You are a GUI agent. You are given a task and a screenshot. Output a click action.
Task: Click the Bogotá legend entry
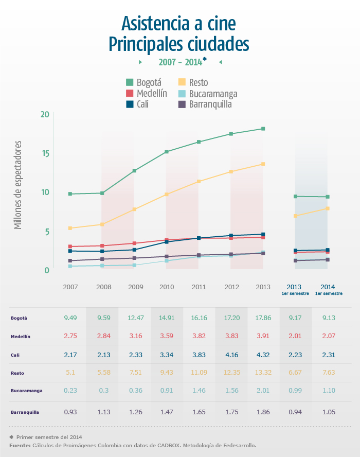tap(143, 82)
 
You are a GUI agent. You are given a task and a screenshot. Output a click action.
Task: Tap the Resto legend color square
tap(182, 82)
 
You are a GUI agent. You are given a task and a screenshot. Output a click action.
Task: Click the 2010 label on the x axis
tap(167, 287)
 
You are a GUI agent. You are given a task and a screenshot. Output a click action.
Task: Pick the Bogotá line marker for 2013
tap(263, 129)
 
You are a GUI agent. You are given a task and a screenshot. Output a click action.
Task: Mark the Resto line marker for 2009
tap(134, 209)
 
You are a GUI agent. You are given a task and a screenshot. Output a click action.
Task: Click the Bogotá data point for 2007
tap(70, 194)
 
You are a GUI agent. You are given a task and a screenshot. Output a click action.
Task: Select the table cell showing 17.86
tap(263, 318)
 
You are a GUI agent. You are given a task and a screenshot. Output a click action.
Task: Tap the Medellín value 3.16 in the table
tap(135, 336)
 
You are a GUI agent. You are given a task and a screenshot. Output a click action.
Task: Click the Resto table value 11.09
tap(199, 373)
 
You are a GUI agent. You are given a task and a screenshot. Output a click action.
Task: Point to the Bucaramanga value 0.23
tap(70, 391)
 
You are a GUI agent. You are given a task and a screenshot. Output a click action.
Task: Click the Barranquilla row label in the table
tap(25, 412)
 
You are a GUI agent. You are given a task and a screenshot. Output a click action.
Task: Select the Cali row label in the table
tap(15, 355)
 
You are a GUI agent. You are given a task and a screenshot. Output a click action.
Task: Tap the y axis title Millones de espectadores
tap(18, 185)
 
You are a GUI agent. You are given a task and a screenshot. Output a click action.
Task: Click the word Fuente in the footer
tap(19, 445)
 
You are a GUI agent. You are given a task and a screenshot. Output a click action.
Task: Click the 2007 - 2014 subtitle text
tap(180, 62)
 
